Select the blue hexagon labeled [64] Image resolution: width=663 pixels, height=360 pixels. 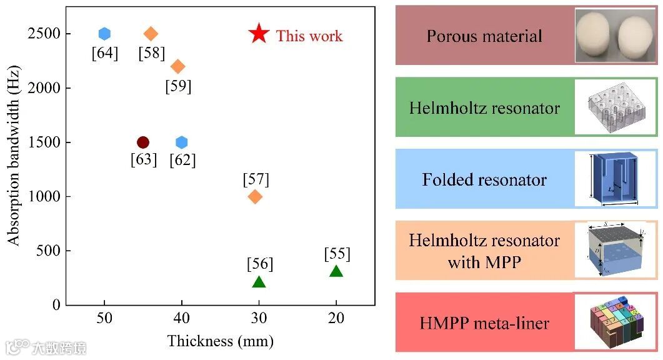point(104,34)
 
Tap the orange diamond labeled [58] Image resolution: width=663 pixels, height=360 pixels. point(151,34)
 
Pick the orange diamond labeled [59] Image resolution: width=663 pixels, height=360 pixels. point(178,66)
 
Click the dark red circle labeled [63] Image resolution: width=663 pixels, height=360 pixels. point(143,142)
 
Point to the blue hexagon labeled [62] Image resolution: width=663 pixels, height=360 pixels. point(182,142)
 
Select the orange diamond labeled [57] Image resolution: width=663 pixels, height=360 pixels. point(255,196)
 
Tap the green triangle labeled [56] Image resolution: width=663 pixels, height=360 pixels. point(259,282)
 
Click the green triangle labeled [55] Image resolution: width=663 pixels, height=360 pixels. point(336,271)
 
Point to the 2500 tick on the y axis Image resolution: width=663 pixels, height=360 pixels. point(44,34)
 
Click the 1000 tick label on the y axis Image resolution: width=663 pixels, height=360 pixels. point(44,197)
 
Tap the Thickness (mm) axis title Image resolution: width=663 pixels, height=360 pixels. point(220,341)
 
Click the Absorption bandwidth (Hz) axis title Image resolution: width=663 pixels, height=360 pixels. point(12,156)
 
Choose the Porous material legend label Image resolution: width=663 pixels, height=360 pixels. point(484,36)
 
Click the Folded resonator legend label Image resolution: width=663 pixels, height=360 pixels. point(484,180)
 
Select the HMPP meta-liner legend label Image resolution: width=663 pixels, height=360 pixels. point(484,323)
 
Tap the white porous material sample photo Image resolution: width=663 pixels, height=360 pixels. point(616,35)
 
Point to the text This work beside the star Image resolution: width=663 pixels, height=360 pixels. point(309,36)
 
